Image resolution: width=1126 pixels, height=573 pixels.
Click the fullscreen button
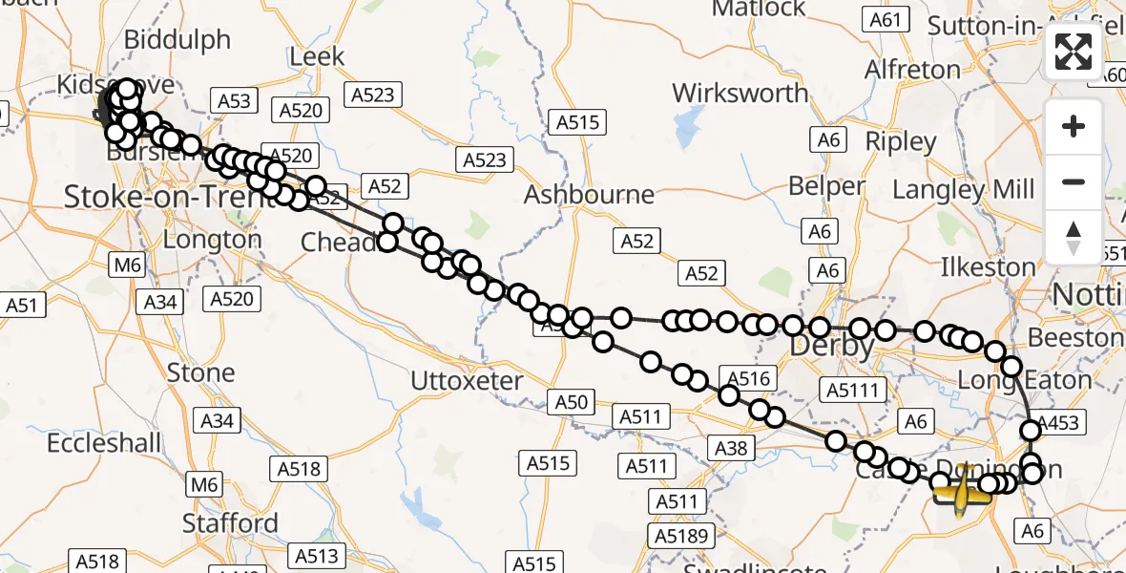coord(1074,52)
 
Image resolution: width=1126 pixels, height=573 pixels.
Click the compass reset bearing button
coord(1074,236)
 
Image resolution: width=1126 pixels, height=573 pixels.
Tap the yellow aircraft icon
coord(962,489)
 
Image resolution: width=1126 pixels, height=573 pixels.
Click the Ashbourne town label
coord(590,195)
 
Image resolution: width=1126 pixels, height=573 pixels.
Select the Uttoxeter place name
coord(467,381)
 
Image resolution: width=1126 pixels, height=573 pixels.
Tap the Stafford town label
coord(230,523)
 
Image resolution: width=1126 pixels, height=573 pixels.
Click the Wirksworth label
coord(740,94)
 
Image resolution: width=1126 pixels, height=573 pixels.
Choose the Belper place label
coord(826,186)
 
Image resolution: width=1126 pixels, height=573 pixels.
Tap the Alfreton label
coord(912,70)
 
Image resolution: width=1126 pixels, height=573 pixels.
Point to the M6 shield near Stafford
coord(204,485)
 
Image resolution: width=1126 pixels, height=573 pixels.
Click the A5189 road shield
coord(681,535)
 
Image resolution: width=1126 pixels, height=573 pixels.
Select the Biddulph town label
coord(177,40)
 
